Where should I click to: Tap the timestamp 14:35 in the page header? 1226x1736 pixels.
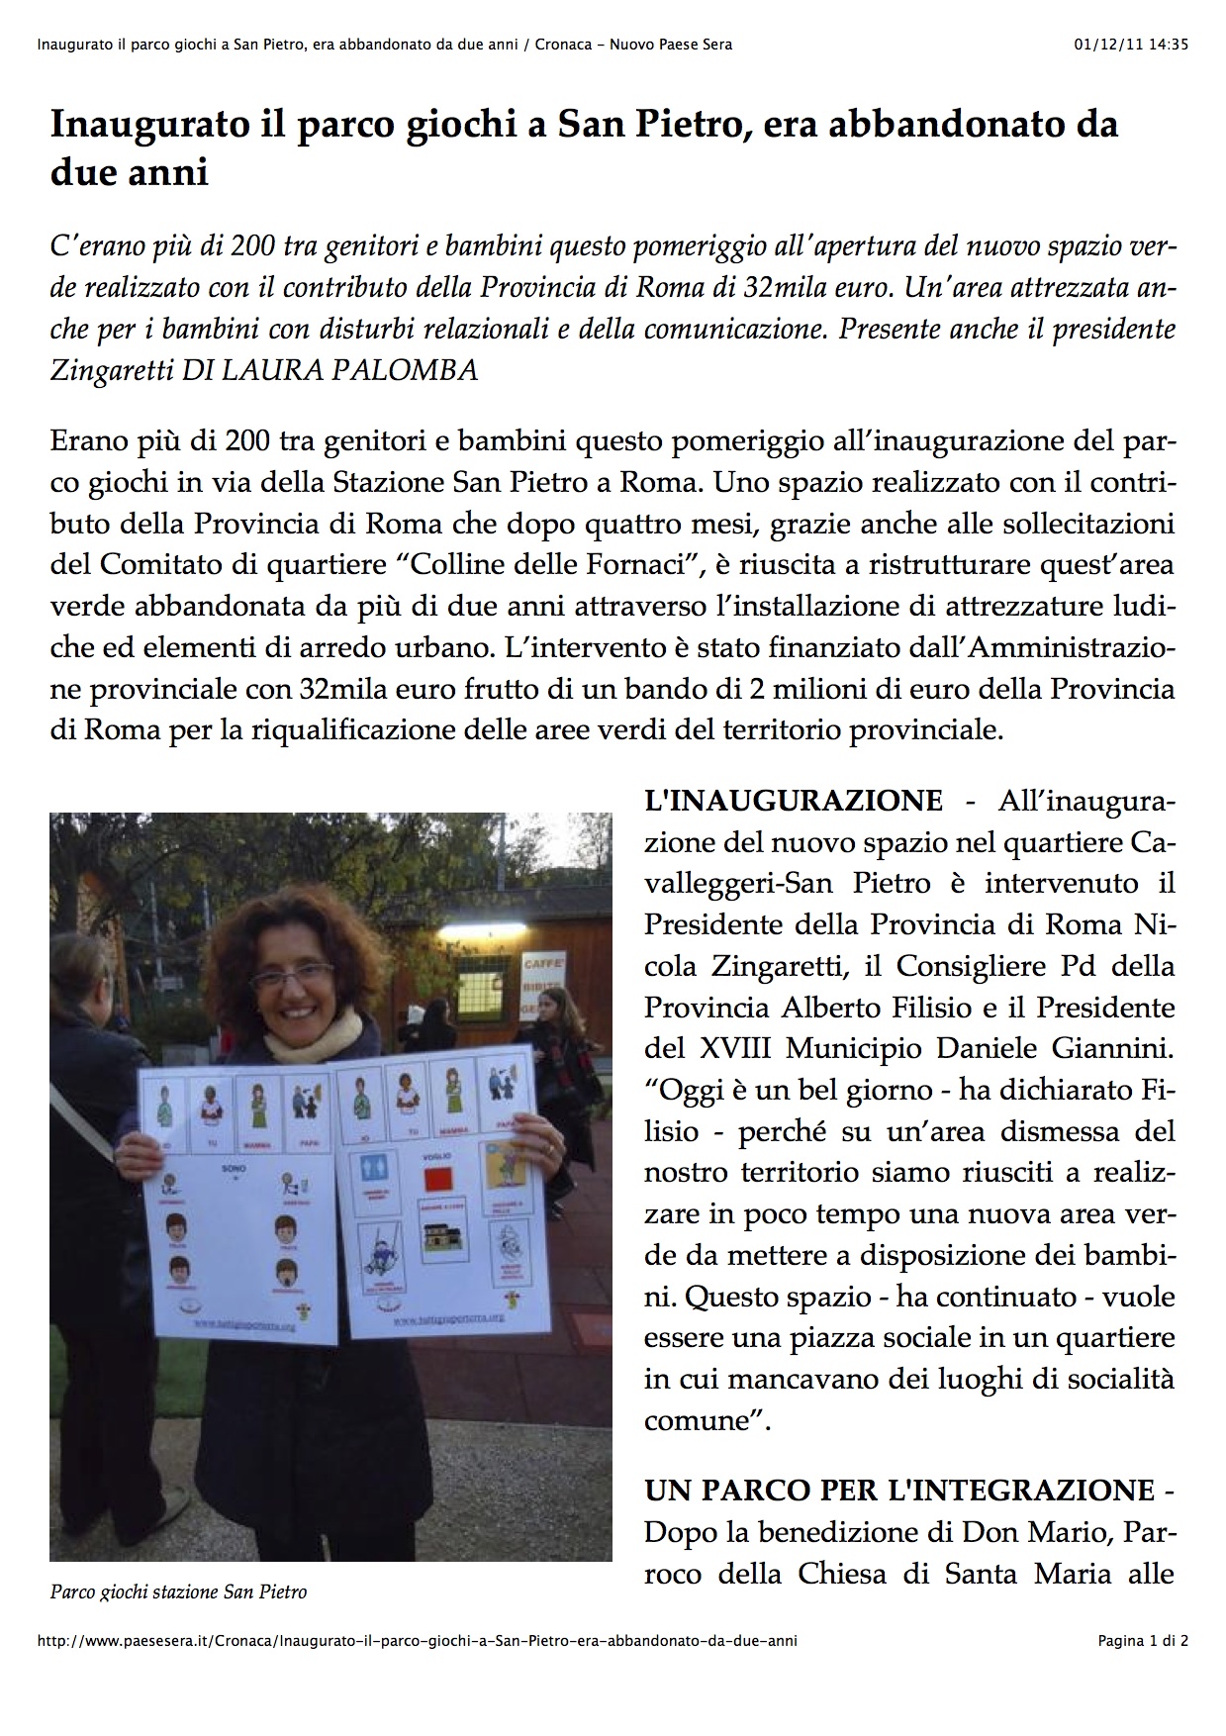click(x=1169, y=45)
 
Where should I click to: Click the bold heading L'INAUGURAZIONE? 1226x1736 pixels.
click(x=793, y=801)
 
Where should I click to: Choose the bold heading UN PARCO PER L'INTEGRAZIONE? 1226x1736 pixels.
click(x=899, y=1490)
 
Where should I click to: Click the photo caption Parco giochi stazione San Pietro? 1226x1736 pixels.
click(x=178, y=1592)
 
